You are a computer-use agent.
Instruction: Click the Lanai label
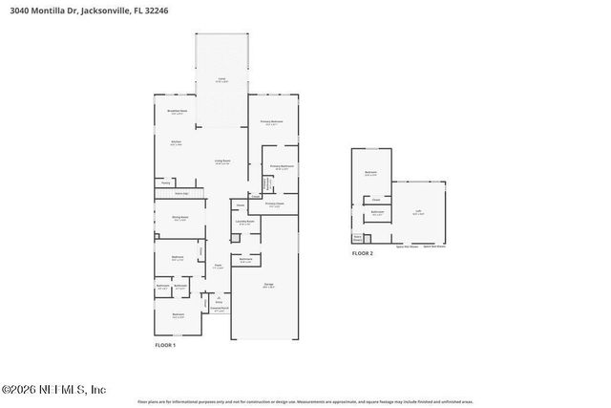coord(221,80)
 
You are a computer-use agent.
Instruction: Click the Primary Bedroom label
coord(272,122)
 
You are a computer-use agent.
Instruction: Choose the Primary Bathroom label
coord(281,167)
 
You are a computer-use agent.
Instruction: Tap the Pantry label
coord(165,182)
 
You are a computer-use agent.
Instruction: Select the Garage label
coord(269,286)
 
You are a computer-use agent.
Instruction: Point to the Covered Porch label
coord(219,309)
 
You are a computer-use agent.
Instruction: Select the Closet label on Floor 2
coord(376,199)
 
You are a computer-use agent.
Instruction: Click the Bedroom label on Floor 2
coord(370,173)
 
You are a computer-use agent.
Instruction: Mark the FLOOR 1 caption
coord(165,345)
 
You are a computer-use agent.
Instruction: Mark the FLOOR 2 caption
coord(363,253)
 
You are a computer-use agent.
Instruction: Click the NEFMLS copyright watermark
coord(54,389)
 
